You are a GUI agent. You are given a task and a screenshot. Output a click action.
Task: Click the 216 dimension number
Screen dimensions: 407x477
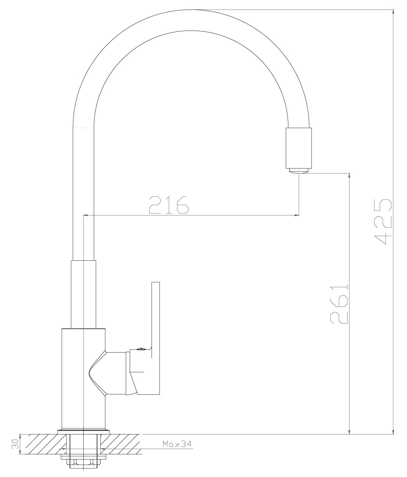169,205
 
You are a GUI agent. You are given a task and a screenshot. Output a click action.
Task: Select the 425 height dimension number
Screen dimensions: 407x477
382,221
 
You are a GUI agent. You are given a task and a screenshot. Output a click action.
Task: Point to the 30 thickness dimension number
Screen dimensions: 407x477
15,444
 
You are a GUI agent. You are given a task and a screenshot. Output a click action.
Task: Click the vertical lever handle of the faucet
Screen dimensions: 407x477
156,338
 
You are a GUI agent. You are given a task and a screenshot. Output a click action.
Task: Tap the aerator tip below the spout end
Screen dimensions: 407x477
299,171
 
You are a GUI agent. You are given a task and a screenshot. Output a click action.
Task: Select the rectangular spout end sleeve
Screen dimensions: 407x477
299,148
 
